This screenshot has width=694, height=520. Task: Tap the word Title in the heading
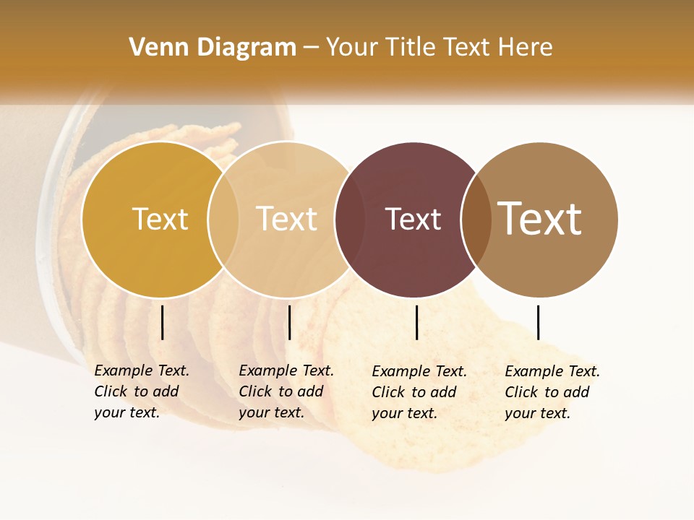pos(411,48)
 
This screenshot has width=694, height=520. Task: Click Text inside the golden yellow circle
pos(160,219)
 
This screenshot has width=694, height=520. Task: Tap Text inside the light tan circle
pos(287,219)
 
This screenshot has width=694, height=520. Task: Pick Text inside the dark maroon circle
pos(413,219)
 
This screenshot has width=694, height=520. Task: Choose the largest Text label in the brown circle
pos(539,219)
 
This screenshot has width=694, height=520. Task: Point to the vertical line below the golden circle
pos(163,322)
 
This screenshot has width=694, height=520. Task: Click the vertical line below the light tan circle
pos(289,322)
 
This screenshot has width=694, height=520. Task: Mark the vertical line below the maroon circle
pos(416,322)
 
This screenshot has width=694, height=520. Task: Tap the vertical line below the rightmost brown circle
pos(539,322)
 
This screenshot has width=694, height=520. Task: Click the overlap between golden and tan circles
pos(223,220)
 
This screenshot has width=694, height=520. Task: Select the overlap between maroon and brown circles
pos(476,220)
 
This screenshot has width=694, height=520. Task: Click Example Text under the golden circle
pos(142,370)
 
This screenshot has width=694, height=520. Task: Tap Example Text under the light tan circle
pos(286,370)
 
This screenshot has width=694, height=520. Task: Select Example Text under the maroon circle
pos(419,371)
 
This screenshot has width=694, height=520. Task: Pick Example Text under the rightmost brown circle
pos(552,371)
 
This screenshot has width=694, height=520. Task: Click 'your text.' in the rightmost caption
pos(537,413)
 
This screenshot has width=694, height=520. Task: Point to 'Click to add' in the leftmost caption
pos(137,391)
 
